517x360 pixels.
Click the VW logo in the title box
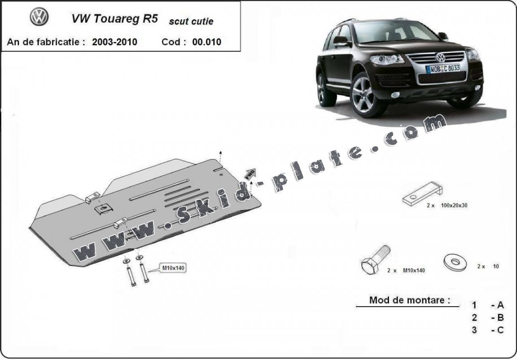pos(39,17)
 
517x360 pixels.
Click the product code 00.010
pos(207,42)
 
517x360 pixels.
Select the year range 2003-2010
pos(115,42)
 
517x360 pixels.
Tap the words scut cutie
pos(191,22)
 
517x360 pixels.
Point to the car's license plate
pos(443,69)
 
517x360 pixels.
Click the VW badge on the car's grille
pos(440,57)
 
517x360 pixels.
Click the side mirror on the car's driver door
pos(341,41)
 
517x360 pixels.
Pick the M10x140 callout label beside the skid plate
pos(173,268)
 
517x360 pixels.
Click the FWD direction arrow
pos(250,174)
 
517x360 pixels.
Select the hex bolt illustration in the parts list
pos(376,260)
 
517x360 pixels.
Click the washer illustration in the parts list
pos(455,262)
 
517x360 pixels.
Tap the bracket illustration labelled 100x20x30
pos(422,193)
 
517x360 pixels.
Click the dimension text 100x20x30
pos(454,206)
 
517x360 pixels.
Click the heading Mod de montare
pos(409,300)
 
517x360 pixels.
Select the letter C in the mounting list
pos(500,330)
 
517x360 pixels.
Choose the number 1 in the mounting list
pos(474,305)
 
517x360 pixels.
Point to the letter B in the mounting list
pos(500,318)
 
